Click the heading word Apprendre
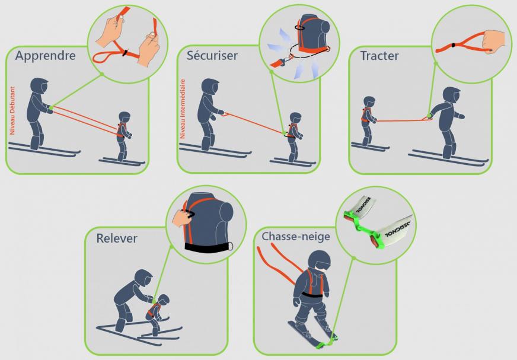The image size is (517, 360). (x=45, y=56)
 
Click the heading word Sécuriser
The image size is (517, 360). (x=212, y=55)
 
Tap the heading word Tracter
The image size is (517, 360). (x=379, y=56)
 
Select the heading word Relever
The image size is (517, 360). (x=117, y=238)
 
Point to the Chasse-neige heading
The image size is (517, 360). (x=296, y=236)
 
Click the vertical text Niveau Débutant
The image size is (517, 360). (x=12, y=110)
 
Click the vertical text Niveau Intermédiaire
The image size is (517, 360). (x=183, y=109)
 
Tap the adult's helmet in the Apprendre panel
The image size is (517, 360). (x=39, y=86)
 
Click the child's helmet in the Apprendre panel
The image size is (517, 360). (x=125, y=117)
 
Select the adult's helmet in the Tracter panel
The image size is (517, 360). (x=451, y=95)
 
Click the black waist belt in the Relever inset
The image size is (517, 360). (x=209, y=247)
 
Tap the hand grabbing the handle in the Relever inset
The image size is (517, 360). (x=183, y=217)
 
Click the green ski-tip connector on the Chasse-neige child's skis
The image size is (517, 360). (x=327, y=343)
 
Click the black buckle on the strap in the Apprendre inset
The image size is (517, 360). (x=125, y=53)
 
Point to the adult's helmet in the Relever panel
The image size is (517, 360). (x=143, y=278)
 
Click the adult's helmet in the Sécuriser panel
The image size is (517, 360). (x=210, y=87)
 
